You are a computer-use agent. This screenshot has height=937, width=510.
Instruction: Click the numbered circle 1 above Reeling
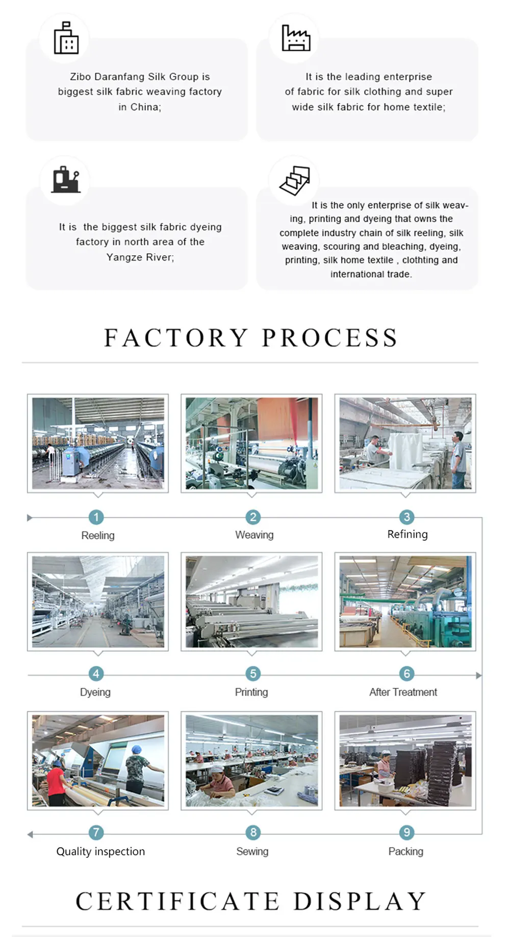(96, 517)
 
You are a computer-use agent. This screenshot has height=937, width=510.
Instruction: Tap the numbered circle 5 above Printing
(253, 674)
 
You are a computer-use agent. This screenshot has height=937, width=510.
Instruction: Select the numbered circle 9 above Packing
(406, 832)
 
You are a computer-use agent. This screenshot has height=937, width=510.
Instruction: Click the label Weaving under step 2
(254, 535)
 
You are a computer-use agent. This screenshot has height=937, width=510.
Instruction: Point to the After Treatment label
(403, 692)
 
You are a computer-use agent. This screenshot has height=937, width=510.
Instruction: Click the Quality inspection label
(100, 851)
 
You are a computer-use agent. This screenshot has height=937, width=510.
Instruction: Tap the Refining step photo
(405, 443)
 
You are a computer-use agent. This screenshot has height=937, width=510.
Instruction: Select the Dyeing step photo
(98, 602)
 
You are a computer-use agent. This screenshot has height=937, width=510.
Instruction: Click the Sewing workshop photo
(251, 760)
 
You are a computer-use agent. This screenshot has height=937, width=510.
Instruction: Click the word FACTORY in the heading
(176, 338)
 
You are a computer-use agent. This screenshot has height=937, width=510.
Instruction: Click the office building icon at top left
(66, 38)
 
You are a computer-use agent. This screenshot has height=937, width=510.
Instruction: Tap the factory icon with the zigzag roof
(296, 38)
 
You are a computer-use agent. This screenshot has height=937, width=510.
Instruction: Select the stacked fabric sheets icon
(295, 180)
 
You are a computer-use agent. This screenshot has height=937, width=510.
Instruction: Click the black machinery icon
(66, 179)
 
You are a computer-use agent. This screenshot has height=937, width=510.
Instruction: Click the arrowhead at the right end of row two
(478, 676)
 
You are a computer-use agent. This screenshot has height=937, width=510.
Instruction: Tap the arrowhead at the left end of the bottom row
(30, 834)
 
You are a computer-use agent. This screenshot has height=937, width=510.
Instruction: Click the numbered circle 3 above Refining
(406, 517)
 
